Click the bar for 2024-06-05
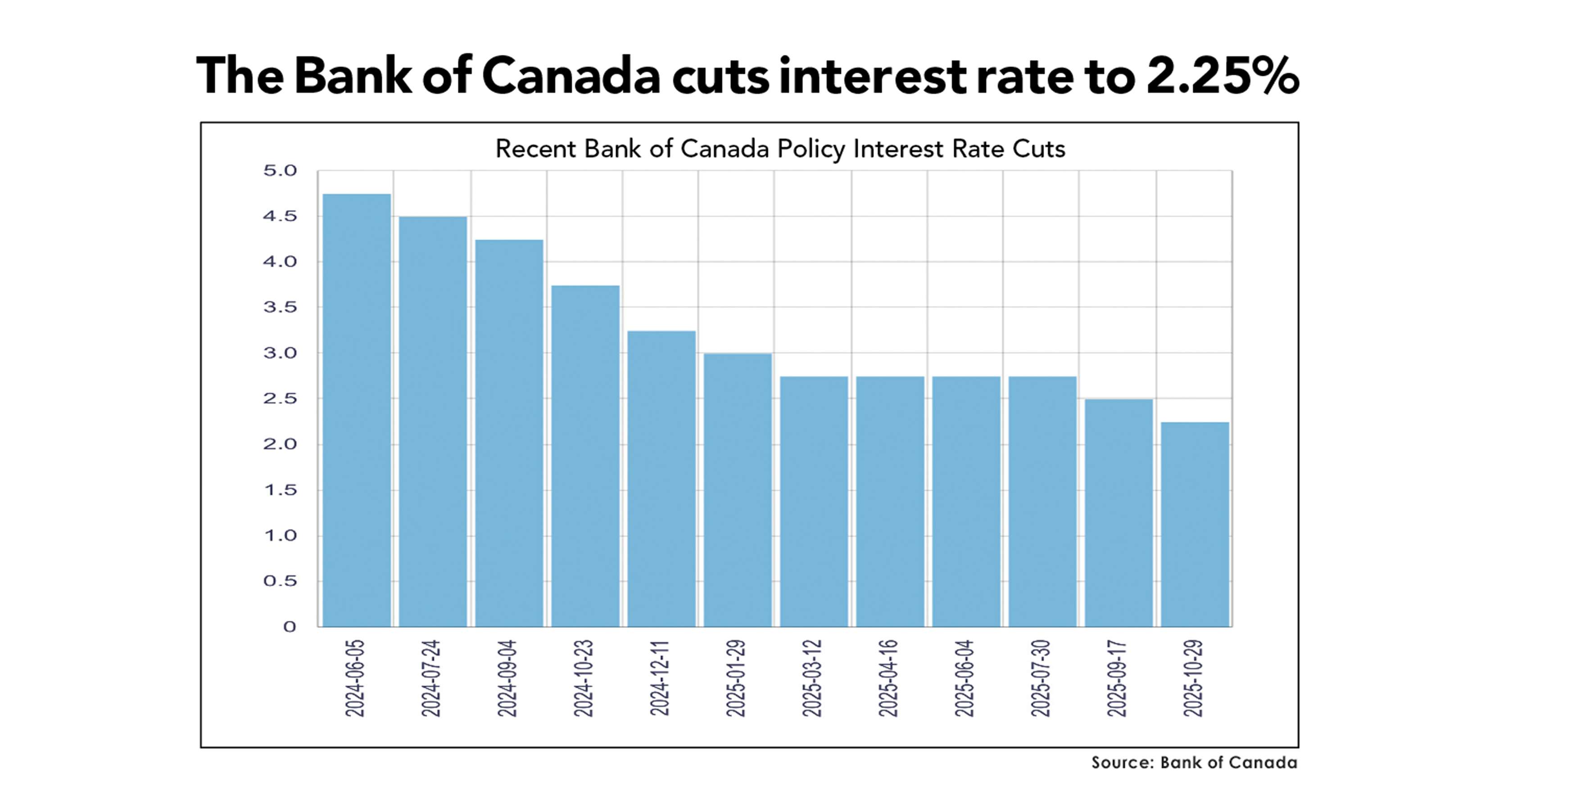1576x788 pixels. coord(356,410)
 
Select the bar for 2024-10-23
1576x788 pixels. coord(585,456)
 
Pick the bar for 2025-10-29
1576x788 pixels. coord(1195,524)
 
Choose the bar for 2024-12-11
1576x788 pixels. coord(661,478)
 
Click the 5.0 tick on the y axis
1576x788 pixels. coord(280,170)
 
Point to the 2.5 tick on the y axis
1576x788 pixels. coord(280,398)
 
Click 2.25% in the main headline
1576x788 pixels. coord(1222,76)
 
